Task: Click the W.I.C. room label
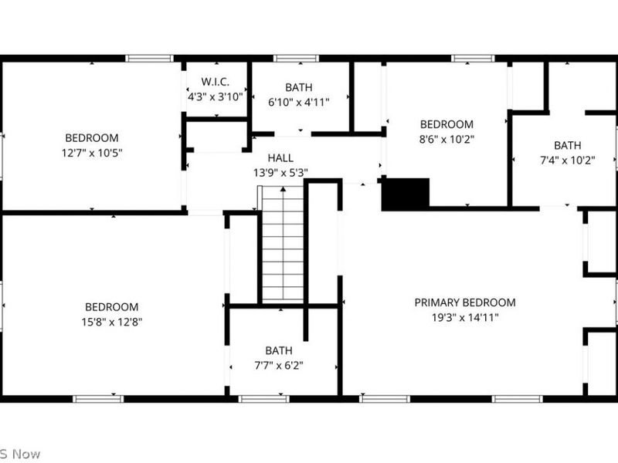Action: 216,82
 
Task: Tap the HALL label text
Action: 280,158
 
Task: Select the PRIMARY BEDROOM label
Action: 465,302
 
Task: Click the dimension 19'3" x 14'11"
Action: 465,317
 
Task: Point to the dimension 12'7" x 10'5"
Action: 92,153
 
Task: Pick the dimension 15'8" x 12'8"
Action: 112,322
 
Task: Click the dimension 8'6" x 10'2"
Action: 447,140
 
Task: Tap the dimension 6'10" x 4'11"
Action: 299,102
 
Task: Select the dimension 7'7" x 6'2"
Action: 279,365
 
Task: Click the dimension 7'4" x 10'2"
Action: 567,161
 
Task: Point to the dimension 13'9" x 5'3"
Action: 280,173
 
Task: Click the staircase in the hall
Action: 283,245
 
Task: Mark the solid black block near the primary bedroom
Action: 406,194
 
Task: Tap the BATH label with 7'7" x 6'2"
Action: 279,350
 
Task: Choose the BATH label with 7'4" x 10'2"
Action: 567,145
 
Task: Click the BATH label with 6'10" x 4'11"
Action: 299,87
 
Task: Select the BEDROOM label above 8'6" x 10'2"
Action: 447,124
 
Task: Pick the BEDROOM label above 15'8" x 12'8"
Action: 112,307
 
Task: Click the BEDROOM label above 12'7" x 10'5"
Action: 92,138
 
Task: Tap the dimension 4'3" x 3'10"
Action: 216,97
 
